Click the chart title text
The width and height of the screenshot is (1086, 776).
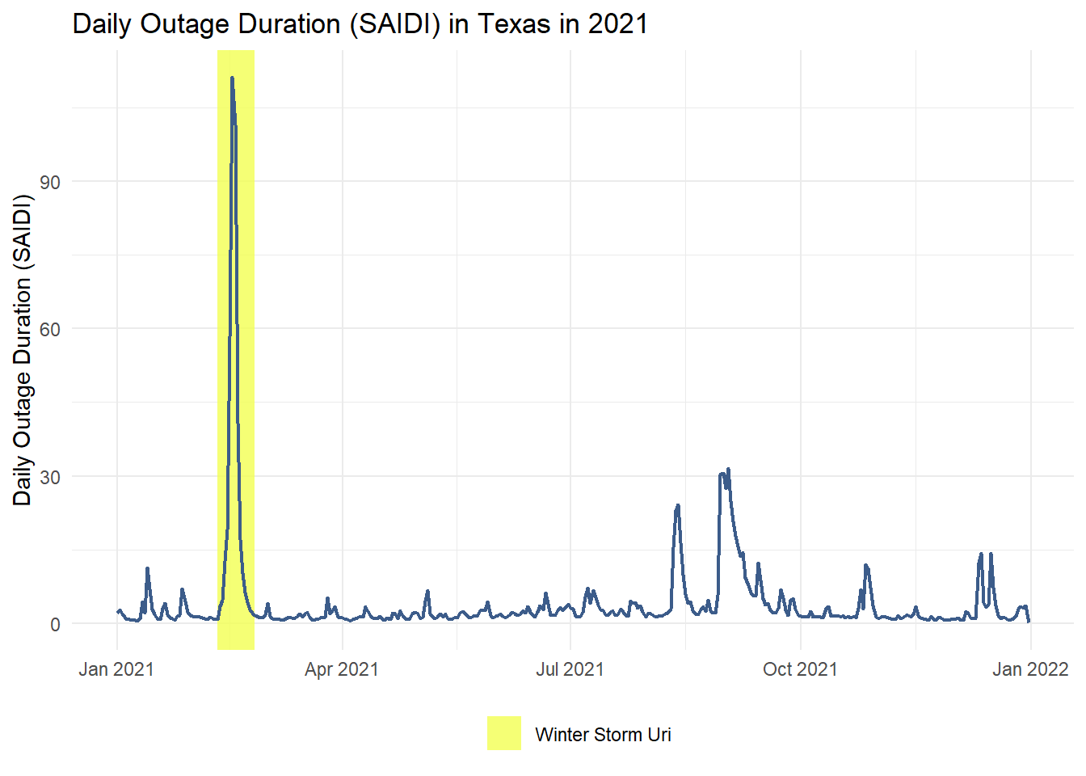(360, 24)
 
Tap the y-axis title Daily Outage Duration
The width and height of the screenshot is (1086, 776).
(23, 350)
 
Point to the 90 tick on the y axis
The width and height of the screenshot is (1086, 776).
(50, 182)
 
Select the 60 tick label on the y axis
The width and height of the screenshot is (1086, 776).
(50, 329)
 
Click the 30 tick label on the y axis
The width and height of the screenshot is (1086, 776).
(50, 477)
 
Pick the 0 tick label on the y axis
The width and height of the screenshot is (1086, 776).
(55, 624)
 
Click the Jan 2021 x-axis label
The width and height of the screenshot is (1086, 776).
(116, 669)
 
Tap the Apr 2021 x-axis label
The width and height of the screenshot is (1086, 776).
(342, 669)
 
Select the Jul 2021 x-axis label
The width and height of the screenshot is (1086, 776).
(570, 669)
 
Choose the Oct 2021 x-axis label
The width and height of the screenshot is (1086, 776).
(800, 669)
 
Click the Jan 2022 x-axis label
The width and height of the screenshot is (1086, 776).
(1030, 669)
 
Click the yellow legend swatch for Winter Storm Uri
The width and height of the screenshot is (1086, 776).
(504, 733)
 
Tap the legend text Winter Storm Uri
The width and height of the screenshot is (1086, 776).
(603, 735)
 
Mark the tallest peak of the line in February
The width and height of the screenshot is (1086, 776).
(232, 78)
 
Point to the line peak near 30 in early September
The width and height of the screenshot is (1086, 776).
(728, 470)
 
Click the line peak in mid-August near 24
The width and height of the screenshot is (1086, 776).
(678, 506)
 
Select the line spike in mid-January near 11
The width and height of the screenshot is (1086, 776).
(147, 568)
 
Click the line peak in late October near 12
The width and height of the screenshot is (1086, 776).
(865, 566)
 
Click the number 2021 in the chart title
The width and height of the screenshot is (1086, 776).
(617, 24)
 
